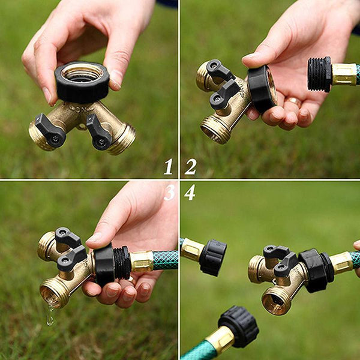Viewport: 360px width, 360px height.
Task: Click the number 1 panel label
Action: click(168, 167)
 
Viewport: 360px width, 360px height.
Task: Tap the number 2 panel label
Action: click(191, 167)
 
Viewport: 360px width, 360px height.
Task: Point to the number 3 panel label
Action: click(170, 193)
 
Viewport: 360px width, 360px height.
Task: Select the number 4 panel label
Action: click(190, 193)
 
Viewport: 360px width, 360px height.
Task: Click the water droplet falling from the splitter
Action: click(50, 314)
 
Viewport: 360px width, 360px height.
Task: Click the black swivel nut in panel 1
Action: click(82, 82)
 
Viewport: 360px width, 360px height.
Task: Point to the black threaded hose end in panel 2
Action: click(320, 74)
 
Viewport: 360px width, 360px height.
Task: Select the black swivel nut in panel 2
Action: click(262, 89)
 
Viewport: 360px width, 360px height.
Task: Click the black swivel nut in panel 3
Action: click(104, 265)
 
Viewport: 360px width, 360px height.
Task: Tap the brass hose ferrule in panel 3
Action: click(142, 262)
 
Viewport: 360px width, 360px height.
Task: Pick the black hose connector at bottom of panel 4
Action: click(239, 326)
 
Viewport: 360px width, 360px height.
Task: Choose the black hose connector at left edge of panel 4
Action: click(212, 257)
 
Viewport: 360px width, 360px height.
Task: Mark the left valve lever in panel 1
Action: click(50, 130)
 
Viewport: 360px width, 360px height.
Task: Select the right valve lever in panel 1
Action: click(99, 133)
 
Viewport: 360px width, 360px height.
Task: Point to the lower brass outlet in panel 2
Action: click(215, 130)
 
